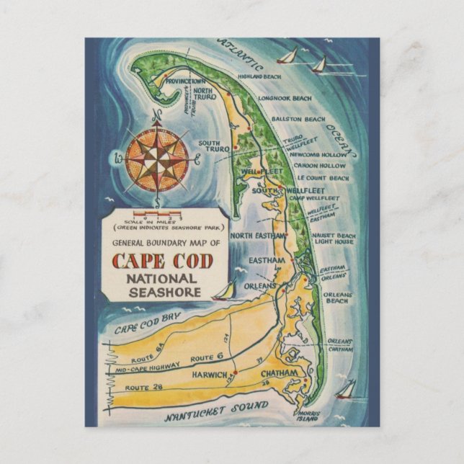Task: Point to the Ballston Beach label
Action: tap(298, 119)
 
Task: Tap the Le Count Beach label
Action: tap(319, 178)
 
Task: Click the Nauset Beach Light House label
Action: tap(334, 239)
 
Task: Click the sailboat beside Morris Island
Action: tap(345, 390)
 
